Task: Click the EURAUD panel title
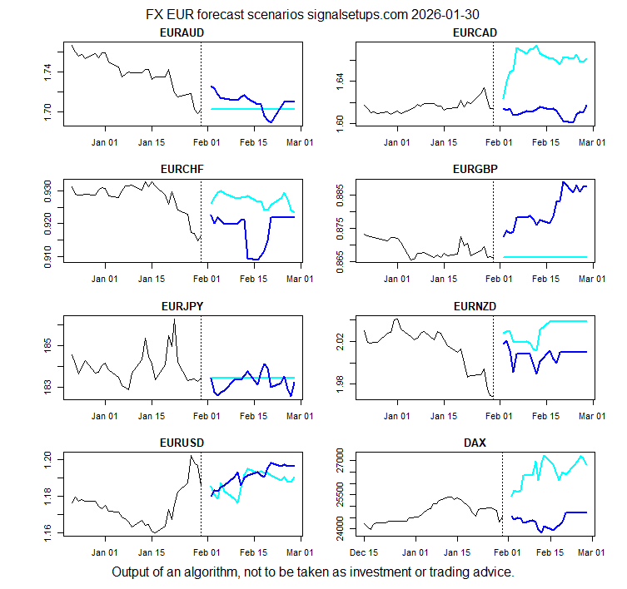coord(182,32)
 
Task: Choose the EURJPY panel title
coord(182,305)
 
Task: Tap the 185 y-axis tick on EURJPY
coord(50,344)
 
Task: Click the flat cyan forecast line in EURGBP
coord(545,257)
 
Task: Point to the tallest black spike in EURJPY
coord(174,319)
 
